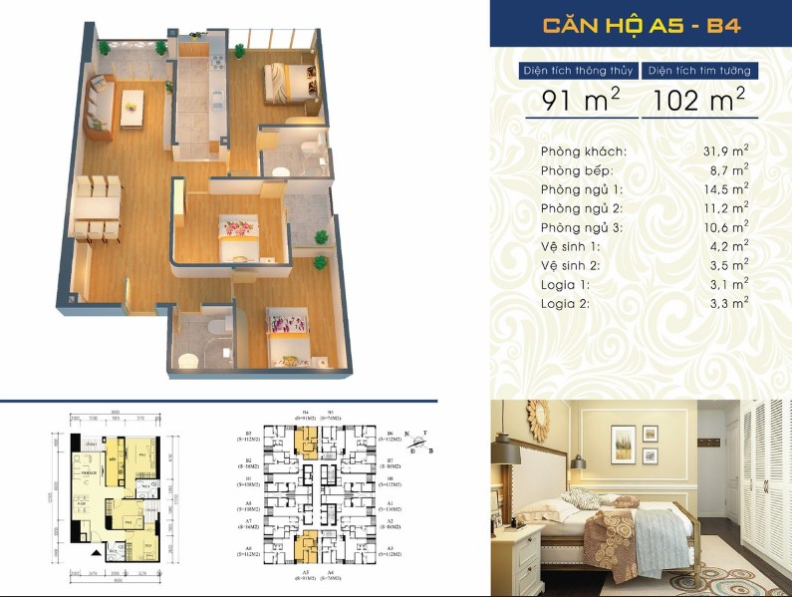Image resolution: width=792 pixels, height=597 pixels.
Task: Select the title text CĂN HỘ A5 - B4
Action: [641, 26]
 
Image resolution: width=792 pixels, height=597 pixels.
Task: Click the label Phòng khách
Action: [584, 151]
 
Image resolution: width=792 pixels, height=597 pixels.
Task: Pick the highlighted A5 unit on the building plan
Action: [310, 547]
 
